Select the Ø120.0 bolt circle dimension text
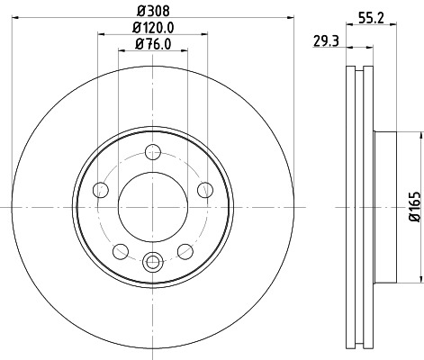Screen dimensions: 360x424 pos(153,27)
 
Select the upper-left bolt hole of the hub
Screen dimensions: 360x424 pos(101,189)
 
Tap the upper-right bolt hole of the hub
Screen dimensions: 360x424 pos(205,189)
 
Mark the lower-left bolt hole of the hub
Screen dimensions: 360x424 pos(121,250)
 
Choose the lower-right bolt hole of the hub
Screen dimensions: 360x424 pos(185,250)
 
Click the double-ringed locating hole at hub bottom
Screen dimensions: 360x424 pos(153,263)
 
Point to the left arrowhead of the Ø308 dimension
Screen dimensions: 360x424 pos(16,16)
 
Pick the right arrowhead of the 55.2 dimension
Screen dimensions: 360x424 pos(394,24)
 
